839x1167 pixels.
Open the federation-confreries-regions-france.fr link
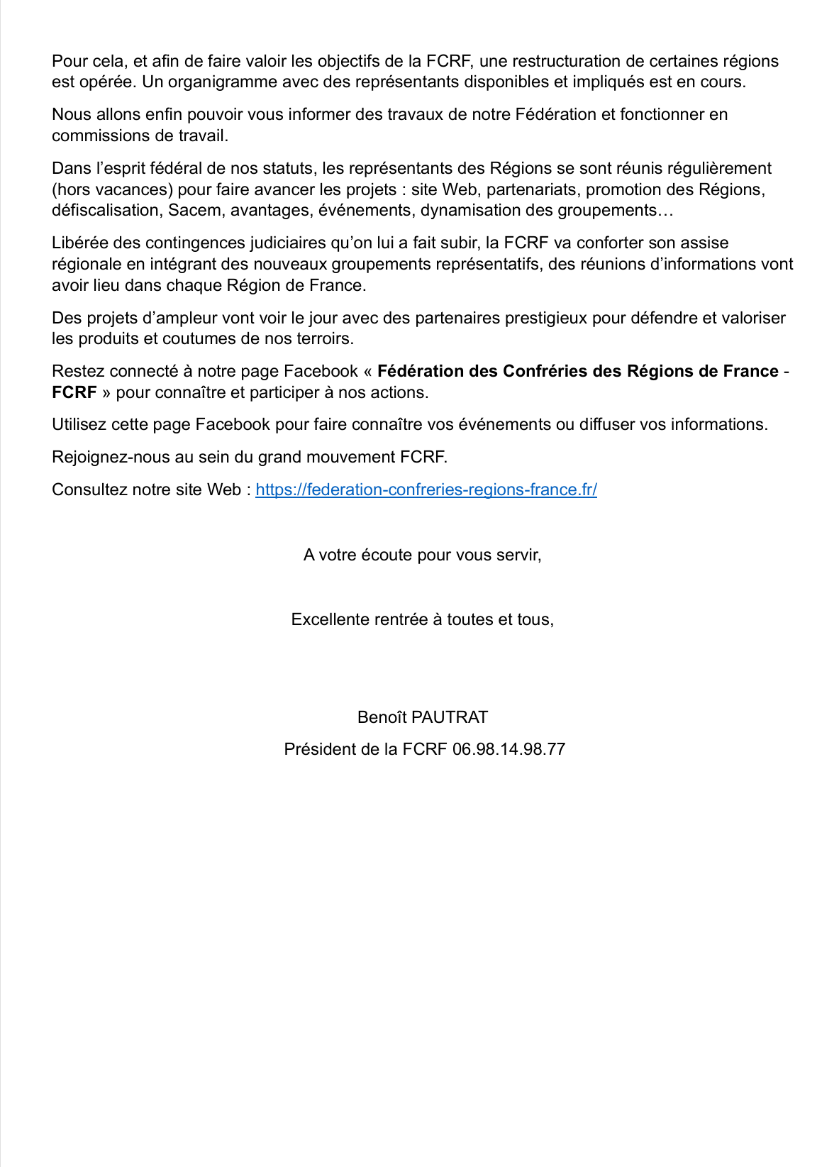coord(426,490)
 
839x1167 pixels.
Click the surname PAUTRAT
coord(450,717)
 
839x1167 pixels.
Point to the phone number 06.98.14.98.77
coord(509,749)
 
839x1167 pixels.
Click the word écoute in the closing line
coord(389,555)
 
